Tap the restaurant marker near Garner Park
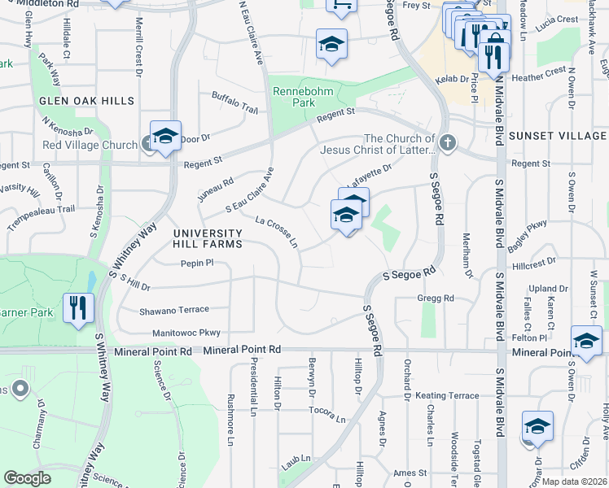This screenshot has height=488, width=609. tap(78, 307)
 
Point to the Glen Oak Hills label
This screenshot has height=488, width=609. tap(85, 101)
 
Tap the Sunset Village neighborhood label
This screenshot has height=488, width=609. tap(558, 136)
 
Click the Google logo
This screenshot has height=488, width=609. tap(28, 478)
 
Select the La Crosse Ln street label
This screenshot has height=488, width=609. tap(277, 232)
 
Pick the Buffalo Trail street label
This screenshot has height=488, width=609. tap(234, 102)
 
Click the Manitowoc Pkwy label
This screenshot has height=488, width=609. tap(186, 333)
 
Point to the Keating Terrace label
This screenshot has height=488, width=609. tap(447, 395)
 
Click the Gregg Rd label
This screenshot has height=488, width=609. tap(435, 298)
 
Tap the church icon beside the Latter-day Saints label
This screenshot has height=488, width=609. tap(447, 145)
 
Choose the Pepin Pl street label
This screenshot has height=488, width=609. tap(196, 263)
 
